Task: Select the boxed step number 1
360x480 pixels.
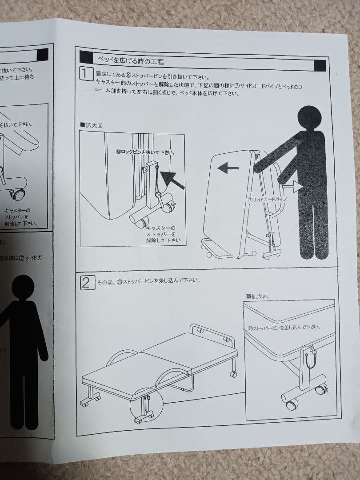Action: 86,73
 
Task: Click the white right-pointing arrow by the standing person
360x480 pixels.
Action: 291,185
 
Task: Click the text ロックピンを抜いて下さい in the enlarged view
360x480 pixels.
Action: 145,152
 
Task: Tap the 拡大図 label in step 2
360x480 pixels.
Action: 257,296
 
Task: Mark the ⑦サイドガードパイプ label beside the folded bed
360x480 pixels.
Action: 267,199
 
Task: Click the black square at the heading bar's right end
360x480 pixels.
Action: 320,66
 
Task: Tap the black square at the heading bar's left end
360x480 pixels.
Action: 86,56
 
